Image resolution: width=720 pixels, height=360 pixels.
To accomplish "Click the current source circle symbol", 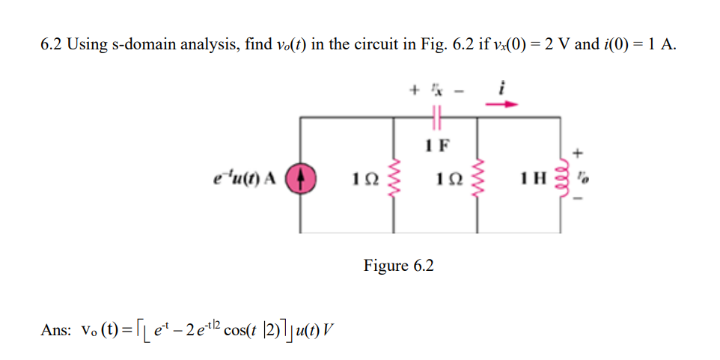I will click(306, 180).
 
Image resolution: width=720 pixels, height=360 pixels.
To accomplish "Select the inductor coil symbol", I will click(562, 180).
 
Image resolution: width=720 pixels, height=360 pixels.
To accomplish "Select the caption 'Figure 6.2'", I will click(398, 266).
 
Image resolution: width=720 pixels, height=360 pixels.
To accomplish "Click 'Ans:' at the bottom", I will click(55, 329).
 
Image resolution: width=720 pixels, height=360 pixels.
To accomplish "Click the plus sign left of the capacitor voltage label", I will click(413, 89).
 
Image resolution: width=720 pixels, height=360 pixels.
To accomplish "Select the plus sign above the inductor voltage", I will click(577, 152).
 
